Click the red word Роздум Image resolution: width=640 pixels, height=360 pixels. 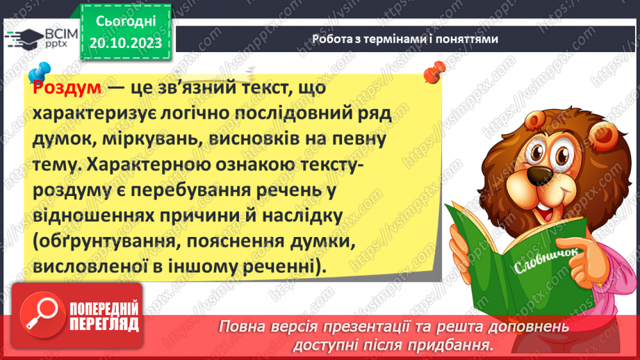[x=67, y=90]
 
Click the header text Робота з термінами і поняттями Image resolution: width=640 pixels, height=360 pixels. [x=404, y=39]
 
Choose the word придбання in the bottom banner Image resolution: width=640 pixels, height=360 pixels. [x=449, y=345]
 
